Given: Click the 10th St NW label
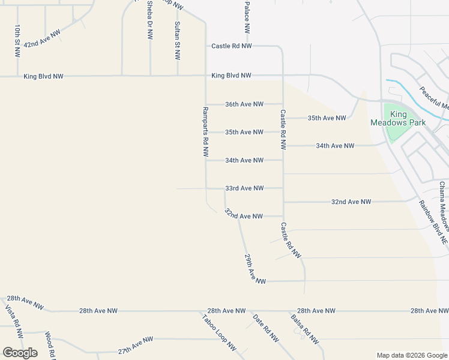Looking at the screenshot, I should [18, 41].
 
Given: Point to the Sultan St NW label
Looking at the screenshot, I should [177, 41].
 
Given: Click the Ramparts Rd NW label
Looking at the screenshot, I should [205, 133].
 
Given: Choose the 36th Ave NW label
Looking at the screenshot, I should [244, 104].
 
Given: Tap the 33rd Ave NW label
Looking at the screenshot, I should [244, 188].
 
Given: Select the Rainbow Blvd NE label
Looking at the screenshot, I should [433, 222].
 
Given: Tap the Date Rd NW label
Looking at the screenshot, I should [266, 328].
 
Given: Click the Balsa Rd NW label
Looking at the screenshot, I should [304, 329].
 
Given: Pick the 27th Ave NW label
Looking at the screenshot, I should [135, 345].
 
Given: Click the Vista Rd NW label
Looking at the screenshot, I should [14, 322].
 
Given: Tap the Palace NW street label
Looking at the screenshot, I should [247, 17].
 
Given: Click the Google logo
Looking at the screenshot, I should [20, 353].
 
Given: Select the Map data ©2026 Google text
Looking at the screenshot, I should [412, 355].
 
